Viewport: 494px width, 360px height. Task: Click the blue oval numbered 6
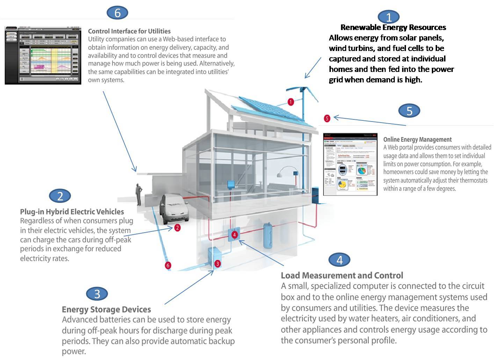pos(117,13)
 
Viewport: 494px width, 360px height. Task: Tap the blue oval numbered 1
pos(388,17)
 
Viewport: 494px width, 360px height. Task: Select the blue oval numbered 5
pos(409,111)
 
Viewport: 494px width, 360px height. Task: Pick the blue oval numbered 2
pos(60,196)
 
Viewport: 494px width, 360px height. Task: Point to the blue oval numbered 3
pos(97,294)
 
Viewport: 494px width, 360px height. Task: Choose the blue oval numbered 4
pos(339,259)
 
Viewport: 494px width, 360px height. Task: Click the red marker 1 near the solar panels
pos(291,102)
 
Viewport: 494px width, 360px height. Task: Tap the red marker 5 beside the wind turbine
pos(327,118)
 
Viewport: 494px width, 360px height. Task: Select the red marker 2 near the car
pos(177,228)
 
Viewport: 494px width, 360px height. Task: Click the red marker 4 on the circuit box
pos(235,235)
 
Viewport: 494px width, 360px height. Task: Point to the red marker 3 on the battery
pos(217,264)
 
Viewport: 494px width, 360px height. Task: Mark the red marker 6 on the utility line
pos(168,265)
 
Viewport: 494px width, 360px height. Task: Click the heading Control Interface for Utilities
pos(129,31)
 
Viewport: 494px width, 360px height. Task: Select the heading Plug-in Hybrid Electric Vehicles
pos(72,212)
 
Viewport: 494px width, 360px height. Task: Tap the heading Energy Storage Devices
pos(106,309)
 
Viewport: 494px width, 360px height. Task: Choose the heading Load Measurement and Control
pos(342,275)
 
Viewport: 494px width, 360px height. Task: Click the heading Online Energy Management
pos(417,139)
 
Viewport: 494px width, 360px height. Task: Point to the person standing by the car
pos(139,195)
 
